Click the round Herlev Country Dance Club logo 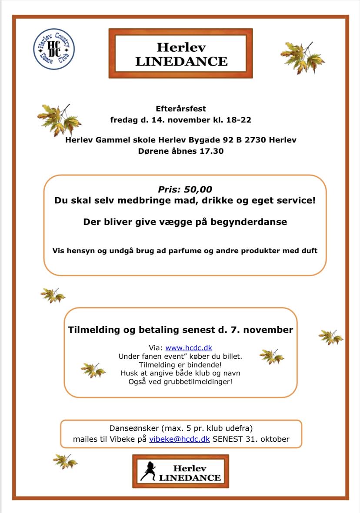(x=54, y=49)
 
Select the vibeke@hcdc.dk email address (x=180, y=439)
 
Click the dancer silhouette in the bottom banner (x=148, y=471)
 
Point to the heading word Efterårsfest (x=180, y=108)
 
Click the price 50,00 (x=198, y=189)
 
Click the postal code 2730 (x=253, y=140)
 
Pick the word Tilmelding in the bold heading (x=93, y=330)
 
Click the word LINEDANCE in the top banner (x=181, y=62)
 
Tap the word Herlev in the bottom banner (x=189, y=468)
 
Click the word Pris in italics (x=169, y=189)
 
